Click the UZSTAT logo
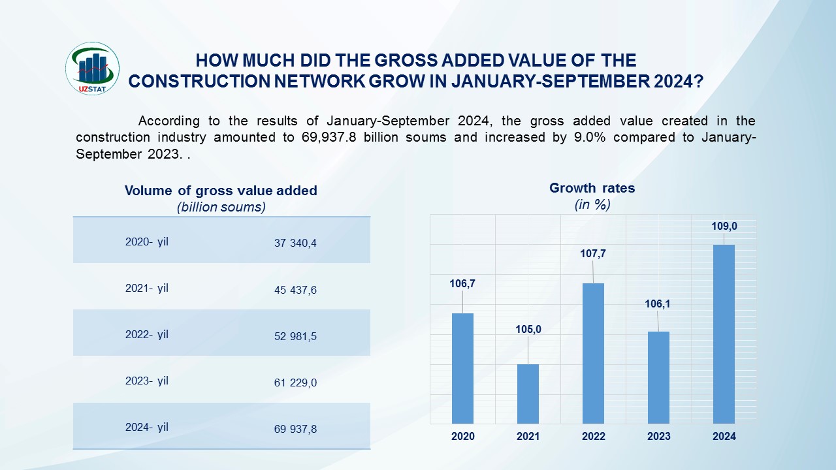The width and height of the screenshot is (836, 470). [x=93, y=69]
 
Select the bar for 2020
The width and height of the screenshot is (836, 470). [x=462, y=368]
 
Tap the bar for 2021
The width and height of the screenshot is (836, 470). [x=528, y=394]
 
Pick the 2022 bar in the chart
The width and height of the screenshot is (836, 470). [x=593, y=353]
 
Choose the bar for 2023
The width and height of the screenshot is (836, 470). [x=658, y=377]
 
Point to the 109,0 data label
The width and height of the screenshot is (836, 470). [x=724, y=227]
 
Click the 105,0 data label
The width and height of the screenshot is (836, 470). [x=528, y=330]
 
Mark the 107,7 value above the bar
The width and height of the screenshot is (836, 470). [x=593, y=253]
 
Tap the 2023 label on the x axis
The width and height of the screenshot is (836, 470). [x=658, y=437]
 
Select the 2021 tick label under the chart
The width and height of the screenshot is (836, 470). [x=528, y=437]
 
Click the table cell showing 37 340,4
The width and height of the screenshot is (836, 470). [x=295, y=243]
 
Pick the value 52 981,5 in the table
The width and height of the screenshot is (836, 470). [x=295, y=336]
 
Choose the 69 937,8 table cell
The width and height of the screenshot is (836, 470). [x=295, y=430]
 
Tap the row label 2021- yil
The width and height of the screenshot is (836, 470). [x=147, y=288]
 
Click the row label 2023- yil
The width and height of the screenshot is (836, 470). [x=147, y=381]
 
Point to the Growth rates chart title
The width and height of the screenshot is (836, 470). [x=592, y=188]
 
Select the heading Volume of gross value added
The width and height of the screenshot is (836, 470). [x=221, y=191]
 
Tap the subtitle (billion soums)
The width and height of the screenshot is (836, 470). [x=221, y=207]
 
